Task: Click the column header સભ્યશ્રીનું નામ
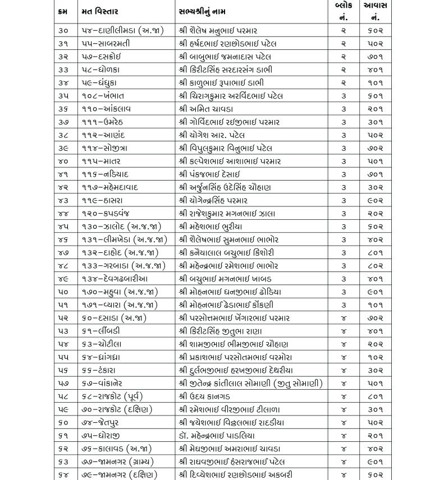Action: pyautogui.click(x=208, y=11)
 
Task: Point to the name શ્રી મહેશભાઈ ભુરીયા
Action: pyautogui.click(x=219, y=227)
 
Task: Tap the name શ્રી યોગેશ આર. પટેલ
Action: pyautogui.click(x=218, y=135)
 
